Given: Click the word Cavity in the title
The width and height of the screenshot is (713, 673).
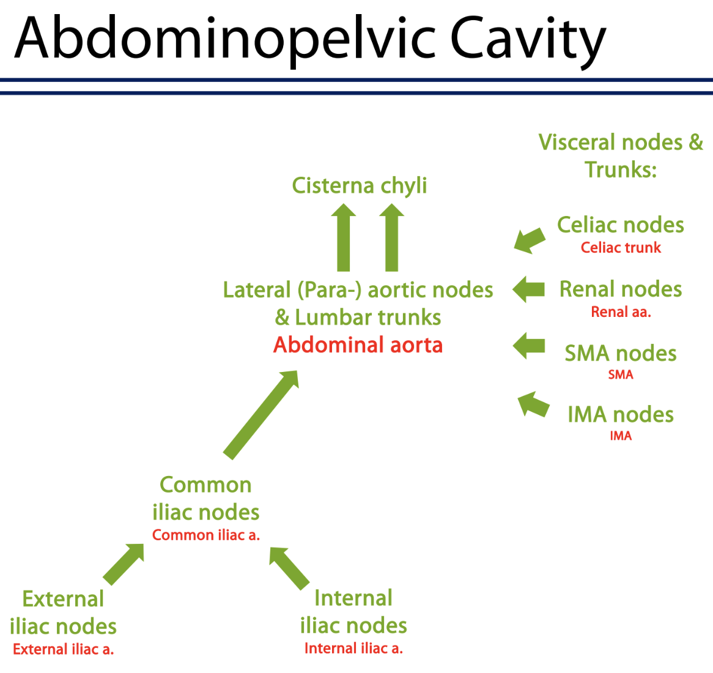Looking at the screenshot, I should (x=527, y=39).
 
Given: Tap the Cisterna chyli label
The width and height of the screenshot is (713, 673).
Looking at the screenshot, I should (x=359, y=185).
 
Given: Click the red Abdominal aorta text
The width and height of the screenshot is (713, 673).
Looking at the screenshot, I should (x=358, y=345).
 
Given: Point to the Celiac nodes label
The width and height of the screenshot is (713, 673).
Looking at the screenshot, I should (x=620, y=225).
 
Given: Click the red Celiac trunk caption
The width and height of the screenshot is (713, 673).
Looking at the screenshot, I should (x=621, y=248).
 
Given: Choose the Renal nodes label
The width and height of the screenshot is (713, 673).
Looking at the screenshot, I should (x=620, y=289).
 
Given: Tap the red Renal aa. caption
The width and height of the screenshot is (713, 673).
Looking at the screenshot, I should (x=621, y=312).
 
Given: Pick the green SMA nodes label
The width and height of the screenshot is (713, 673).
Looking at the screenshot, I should (x=620, y=354).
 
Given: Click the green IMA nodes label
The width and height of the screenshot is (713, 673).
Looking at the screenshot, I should (x=620, y=415).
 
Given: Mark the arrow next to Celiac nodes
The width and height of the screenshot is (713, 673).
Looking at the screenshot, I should (x=530, y=240).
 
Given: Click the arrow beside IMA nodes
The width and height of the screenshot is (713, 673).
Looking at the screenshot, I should (x=533, y=405).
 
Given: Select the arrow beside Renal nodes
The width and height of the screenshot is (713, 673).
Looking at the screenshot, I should (x=528, y=289).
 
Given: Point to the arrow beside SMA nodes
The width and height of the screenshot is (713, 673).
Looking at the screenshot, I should (x=528, y=346).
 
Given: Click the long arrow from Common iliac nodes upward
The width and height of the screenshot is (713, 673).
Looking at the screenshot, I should (x=262, y=414).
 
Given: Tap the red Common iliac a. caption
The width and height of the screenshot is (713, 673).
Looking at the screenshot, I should (x=206, y=535).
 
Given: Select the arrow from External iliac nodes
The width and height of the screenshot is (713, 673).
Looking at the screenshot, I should (x=124, y=563).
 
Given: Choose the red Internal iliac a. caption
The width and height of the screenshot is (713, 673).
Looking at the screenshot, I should (x=353, y=649).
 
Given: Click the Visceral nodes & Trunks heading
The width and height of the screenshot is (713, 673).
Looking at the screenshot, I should (x=620, y=156).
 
